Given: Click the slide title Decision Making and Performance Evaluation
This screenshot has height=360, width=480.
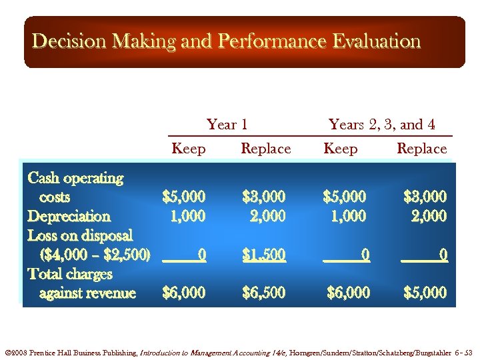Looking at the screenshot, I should (x=226, y=41).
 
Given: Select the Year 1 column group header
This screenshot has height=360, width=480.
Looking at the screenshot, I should (x=227, y=125).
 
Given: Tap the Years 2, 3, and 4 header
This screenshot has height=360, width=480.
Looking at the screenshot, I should (x=382, y=125).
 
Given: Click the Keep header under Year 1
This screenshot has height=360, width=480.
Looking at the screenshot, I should (x=189, y=149).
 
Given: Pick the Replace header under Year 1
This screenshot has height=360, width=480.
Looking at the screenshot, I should (x=265, y=149).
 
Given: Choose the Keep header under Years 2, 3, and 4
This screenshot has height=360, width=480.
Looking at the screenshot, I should (x=340, y=149).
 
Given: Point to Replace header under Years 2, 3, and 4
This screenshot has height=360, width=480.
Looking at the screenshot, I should (x=421, y=149).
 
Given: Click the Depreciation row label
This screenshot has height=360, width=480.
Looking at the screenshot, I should (x=69, y=216).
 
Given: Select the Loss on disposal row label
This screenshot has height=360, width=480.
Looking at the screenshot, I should (x=80, y=235).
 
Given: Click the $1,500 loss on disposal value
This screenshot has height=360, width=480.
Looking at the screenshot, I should (x=264, y=255).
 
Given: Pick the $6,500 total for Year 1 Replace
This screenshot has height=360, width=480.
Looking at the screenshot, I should (x=264, y=293).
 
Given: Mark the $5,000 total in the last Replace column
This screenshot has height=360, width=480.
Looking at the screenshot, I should (x=425, y=293).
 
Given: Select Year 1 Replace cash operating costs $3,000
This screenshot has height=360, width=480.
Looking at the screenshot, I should (x=264, y=197).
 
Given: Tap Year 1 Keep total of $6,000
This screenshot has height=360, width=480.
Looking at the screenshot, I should (x=184, y=293).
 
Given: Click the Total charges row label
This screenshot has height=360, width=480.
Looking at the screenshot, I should (x=70, y=274).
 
